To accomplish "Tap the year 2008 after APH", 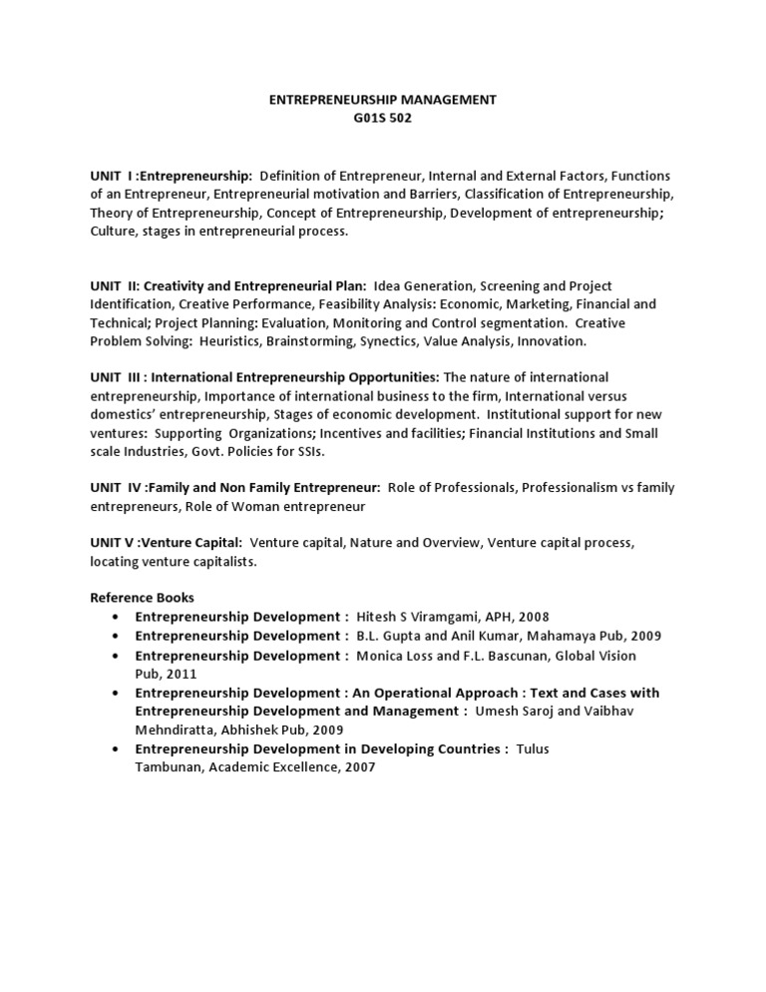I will [x=533, y=617].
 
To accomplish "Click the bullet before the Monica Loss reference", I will [x=118, y=656].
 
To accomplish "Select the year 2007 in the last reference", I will [x=362, y=767].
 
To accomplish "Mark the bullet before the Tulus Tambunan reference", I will [x=118, y=748].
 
